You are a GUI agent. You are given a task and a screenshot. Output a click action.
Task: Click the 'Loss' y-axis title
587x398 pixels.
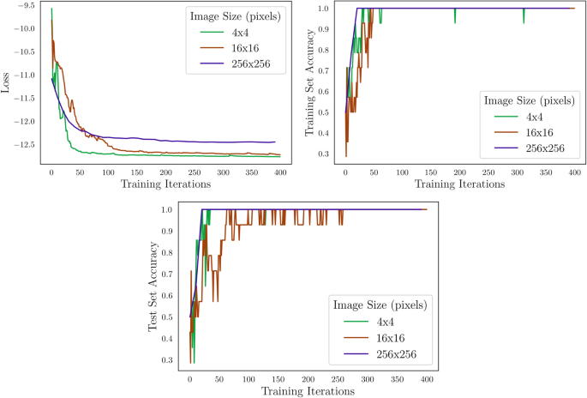(x=7, y=86)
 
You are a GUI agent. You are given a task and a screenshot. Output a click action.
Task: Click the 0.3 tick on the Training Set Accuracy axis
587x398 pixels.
(x=328, y=154)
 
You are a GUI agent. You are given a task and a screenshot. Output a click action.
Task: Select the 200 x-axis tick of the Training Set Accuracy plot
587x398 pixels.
(x=458, y=172)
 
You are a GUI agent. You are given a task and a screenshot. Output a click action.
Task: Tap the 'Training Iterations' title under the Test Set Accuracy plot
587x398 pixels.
(x=310, y=391)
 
